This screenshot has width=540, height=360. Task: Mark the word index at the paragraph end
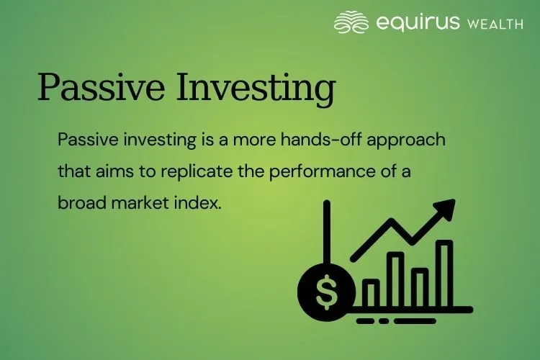point(199,203)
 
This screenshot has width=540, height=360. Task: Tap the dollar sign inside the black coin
point(326,291)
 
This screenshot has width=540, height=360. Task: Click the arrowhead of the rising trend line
point(446,210)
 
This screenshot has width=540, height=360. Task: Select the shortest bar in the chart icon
point(372,292)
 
